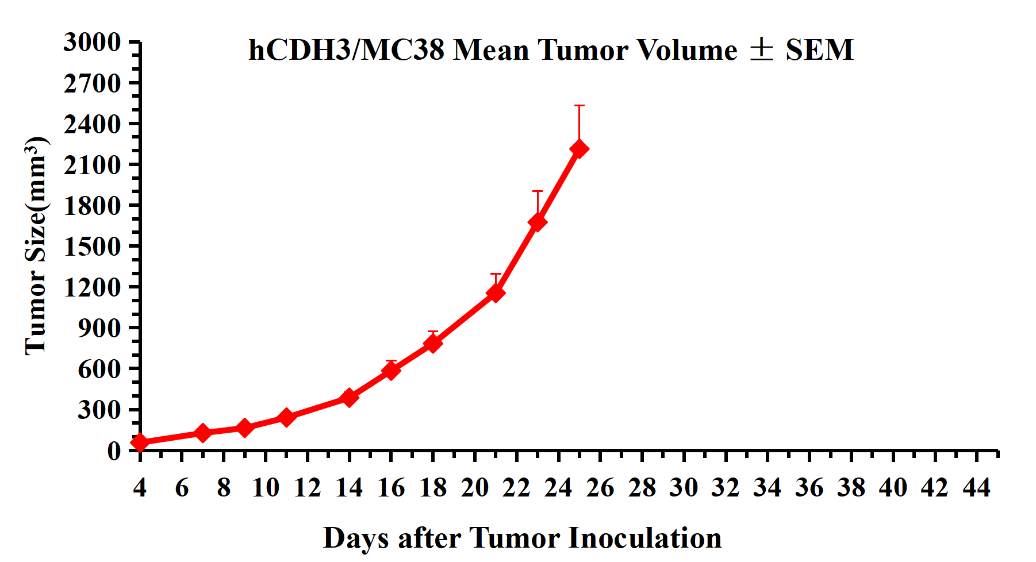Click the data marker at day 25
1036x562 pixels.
pos(579,149)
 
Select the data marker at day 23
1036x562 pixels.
pos(537,222)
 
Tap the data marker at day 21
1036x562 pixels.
pos(496,293)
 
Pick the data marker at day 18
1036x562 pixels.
pos(433,343)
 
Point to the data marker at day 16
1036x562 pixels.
pos(391,370)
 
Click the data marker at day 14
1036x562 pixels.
pos(349,397)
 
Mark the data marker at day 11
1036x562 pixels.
pos(286,417)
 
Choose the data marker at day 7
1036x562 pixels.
pos(202,433)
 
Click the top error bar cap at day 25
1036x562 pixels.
pos(579,106)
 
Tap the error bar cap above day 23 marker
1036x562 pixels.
pos(537,191)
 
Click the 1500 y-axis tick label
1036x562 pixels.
pos(92,247)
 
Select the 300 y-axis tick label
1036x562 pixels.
pos(99,410)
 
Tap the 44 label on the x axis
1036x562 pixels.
pos(977,488)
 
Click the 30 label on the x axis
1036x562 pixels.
pos(684,488)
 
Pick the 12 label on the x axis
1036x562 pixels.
pos(307,488)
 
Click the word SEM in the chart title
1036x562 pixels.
pos(819,50)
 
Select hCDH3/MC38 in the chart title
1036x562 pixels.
pos(346,50)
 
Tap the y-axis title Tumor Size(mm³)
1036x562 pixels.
pos(36,245)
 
